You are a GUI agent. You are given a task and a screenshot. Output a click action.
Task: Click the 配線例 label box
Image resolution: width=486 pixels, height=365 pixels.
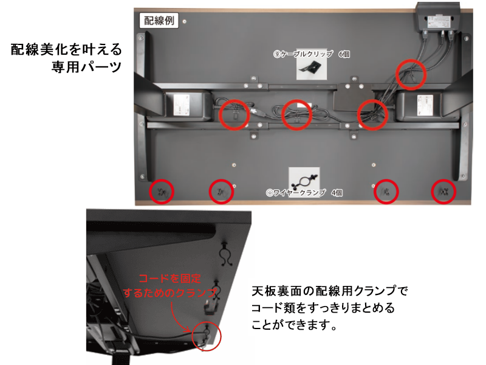[x=160, y=21]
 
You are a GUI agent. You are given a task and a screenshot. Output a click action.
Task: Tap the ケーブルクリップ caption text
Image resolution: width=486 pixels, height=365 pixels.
[x=303, y=54]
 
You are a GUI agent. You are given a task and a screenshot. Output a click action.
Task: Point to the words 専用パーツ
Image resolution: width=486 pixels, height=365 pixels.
[x=87, y=66]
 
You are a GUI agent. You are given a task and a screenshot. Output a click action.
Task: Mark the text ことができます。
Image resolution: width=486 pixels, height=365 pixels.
[x=294, y=325]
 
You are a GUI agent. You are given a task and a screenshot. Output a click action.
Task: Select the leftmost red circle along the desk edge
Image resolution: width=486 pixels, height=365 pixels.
[x=161, y=192]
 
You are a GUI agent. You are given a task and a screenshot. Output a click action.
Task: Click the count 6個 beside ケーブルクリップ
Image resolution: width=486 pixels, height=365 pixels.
[x=344, y=54]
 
